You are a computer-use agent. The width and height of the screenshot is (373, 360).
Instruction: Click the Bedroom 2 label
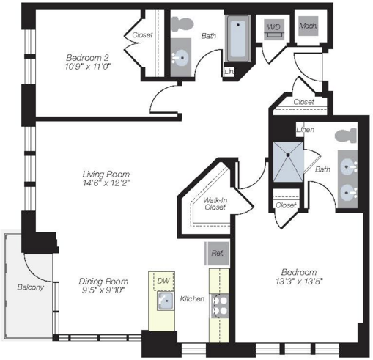87,58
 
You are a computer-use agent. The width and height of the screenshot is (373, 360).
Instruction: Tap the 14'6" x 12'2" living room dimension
106,183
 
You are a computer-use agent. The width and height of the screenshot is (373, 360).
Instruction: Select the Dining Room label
103,282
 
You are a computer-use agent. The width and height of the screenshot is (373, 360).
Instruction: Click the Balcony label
30,287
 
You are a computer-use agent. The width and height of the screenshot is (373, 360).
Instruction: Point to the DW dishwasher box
163,281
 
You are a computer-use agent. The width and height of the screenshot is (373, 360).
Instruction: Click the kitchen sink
166,301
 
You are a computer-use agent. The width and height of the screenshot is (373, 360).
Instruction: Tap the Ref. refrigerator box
218,254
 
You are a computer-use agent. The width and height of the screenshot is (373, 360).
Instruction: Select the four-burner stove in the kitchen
220,306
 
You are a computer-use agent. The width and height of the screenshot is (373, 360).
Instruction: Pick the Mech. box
309,26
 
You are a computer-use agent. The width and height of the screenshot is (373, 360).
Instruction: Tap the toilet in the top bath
182,23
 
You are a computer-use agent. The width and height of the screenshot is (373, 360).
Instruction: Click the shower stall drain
288,155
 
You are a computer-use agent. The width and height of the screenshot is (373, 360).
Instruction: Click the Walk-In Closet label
215,204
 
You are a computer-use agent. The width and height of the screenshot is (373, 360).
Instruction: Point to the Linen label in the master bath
306,130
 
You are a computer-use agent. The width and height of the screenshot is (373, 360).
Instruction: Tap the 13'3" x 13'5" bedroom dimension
299,282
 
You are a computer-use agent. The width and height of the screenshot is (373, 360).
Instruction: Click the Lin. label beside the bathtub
229,72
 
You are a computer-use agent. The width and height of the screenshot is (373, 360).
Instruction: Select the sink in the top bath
181,58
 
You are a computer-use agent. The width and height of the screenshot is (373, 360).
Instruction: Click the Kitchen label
192,298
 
